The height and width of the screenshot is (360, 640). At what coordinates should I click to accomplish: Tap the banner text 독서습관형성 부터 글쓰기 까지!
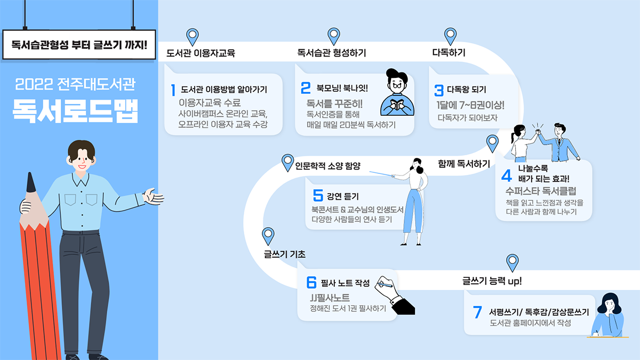coord(79,44)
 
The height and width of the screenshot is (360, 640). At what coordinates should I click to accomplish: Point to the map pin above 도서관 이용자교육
coord(192,36)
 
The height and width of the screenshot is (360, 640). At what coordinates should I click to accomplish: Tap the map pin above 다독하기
coord(451,36)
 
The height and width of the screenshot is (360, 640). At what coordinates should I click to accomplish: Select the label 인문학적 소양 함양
coord(328,166)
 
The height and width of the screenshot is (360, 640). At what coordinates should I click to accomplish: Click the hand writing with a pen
coord(395,294)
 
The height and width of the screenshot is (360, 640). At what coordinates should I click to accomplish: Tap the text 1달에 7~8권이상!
coord(470,105)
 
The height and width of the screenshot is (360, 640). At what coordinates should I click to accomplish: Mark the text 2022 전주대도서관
coord(75,84)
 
